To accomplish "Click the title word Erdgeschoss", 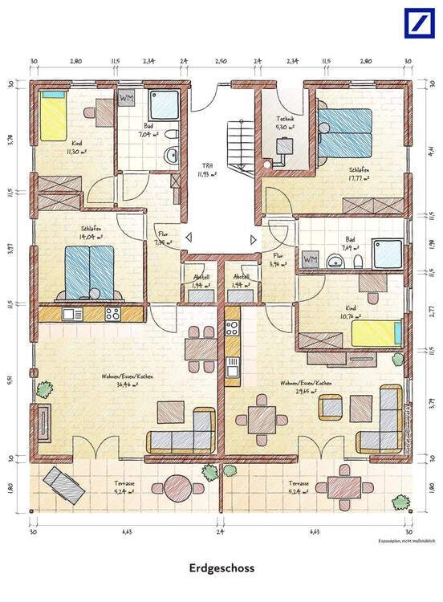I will click(221, 567).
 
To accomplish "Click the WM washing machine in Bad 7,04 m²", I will click(127, 98).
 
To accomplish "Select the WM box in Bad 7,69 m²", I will click(311, 260).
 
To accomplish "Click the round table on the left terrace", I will click(176, 487).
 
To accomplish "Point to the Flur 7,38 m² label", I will click(164, 238).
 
